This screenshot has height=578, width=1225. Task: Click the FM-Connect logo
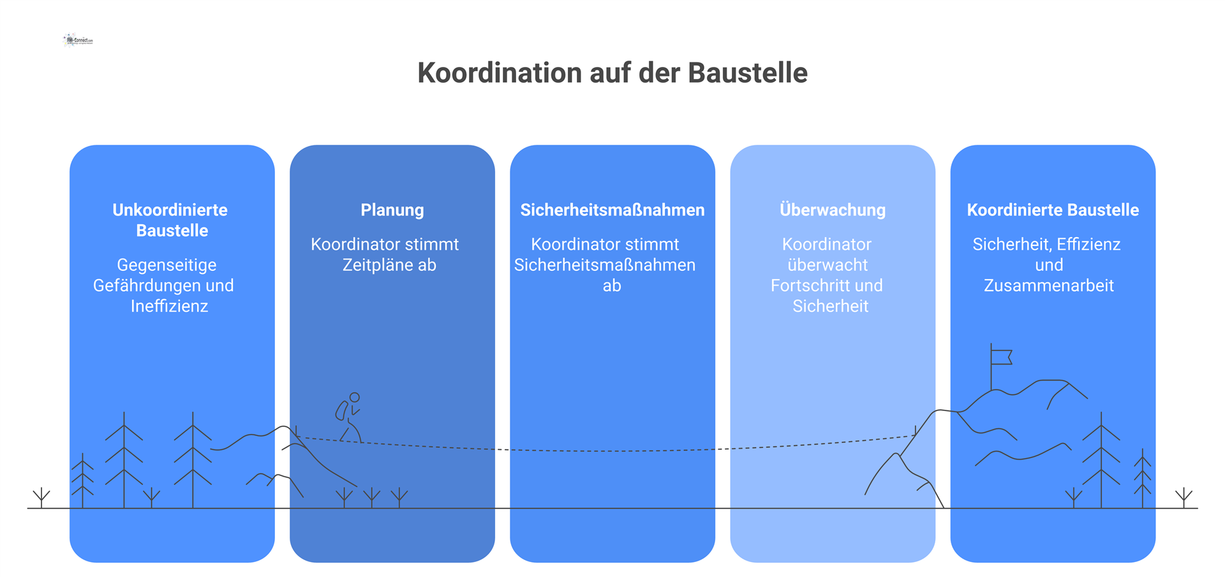point(78,40)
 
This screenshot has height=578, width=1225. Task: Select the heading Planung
point(392,210)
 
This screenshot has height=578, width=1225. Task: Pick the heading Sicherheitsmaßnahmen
point(612,210)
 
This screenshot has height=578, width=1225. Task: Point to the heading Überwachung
point(832,210)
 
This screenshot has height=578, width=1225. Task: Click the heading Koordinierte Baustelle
point(1053,210)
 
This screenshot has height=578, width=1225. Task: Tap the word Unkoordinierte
point(170,210)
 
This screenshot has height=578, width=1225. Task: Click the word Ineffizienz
point(169,306)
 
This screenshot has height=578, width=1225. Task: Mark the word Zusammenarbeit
point(1049,285)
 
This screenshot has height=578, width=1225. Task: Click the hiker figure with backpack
point(348,417)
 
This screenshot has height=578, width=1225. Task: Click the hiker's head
point(355,397)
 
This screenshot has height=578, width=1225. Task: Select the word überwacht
point(828,265)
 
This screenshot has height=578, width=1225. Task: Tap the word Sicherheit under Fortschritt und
point(830,306)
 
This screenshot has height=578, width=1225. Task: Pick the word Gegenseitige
point(167,265)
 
